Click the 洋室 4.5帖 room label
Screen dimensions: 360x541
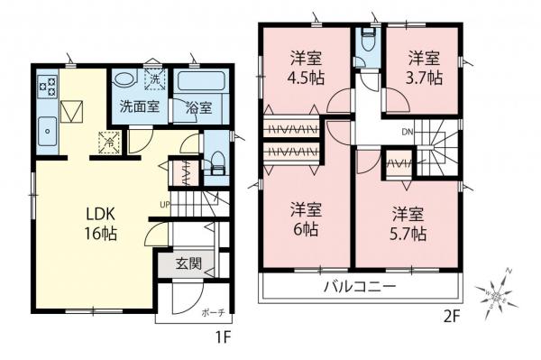click(x=305, y=66)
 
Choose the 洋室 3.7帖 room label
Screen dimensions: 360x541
click(x=423, y=66)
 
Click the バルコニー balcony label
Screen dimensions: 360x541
click(x=360, y=288)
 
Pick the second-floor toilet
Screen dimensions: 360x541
click(x=366, y=42)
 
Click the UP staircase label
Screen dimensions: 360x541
click(x=166, y=205)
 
